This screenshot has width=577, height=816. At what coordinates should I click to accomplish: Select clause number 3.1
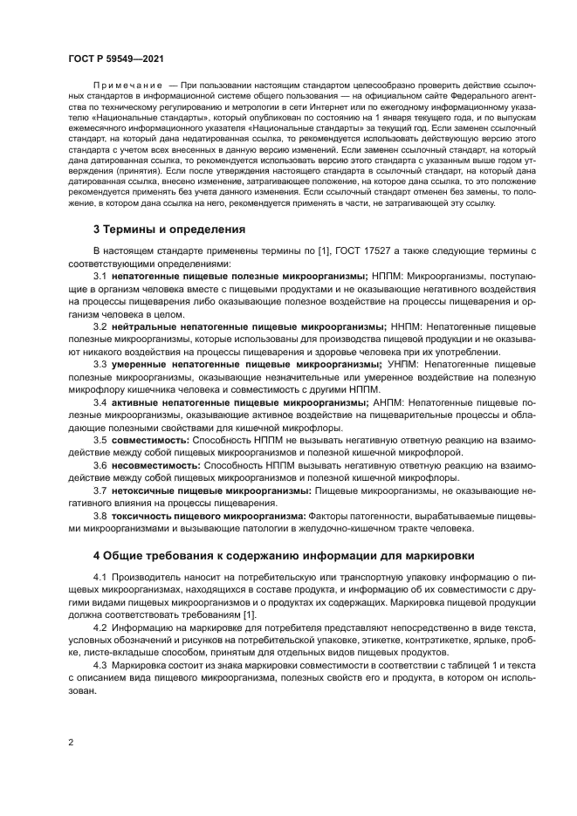click(100, 276)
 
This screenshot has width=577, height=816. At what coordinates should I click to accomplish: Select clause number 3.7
click(100, 490)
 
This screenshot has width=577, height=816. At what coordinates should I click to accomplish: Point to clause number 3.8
click(100, 516)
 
